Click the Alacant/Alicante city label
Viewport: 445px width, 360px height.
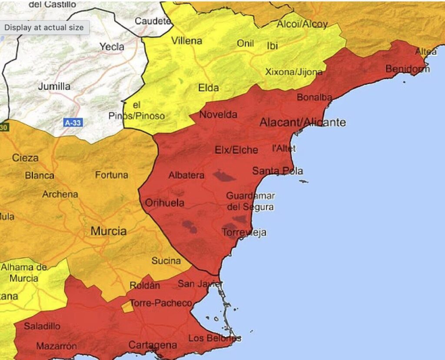point(302,122)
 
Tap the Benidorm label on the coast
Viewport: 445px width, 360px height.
point(407,69)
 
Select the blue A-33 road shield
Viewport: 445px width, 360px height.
point(73,123)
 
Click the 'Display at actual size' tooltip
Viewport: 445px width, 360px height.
point(44,27)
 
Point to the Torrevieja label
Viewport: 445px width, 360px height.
point(244,233)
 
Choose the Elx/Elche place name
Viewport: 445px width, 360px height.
point(236,150)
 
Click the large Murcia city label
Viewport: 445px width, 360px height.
point(109,231)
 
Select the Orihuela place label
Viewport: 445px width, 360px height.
point(165,203)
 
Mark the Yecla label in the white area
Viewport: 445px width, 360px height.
point(112,46)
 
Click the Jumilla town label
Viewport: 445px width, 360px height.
point(54,86)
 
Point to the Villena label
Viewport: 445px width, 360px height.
point(187,41)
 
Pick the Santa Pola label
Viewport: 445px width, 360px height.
point(277,171)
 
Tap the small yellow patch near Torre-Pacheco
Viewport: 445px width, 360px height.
point(127,307)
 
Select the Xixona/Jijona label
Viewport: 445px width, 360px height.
point(294,72)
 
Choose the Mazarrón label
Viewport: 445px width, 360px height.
point(56,346)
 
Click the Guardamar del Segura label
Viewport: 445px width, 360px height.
point(250,201)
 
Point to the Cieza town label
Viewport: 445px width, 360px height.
point(25,158)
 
